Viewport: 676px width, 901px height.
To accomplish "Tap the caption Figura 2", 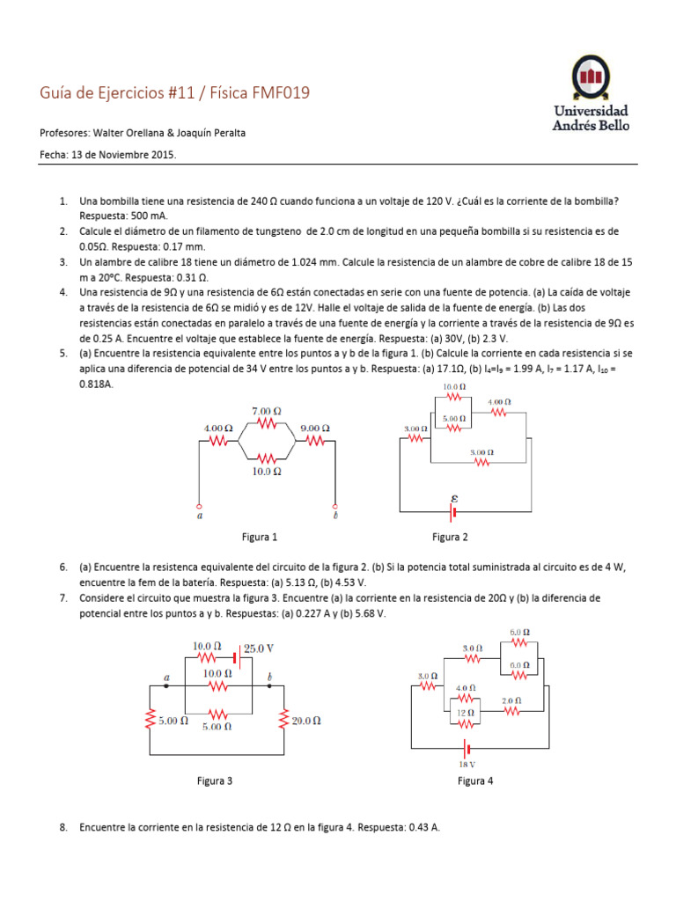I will tap(450, 537).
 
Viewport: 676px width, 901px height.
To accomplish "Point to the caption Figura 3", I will tap(215, 780).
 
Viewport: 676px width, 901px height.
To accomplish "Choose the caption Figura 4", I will tap(475, 780).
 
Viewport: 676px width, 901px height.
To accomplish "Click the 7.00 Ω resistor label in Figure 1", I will tap(267, 411).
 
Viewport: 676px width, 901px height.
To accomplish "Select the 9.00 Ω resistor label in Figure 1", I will tap(314, 429).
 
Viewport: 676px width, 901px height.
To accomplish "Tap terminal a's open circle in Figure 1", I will tap(200, 507).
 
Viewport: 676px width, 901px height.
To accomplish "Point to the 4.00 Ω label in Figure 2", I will tap(498, 401).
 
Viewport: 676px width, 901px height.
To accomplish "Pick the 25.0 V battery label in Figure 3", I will tap(258, 648).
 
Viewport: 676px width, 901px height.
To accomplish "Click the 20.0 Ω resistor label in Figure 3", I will tap(305, 720).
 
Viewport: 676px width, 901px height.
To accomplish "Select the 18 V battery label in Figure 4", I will tap(467, 764).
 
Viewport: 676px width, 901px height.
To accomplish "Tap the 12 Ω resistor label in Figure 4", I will tap(465, 713).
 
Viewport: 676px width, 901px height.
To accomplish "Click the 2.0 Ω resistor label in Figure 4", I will tap(511, 700).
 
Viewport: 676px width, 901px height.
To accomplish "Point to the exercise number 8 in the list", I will tap(63, 828).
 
